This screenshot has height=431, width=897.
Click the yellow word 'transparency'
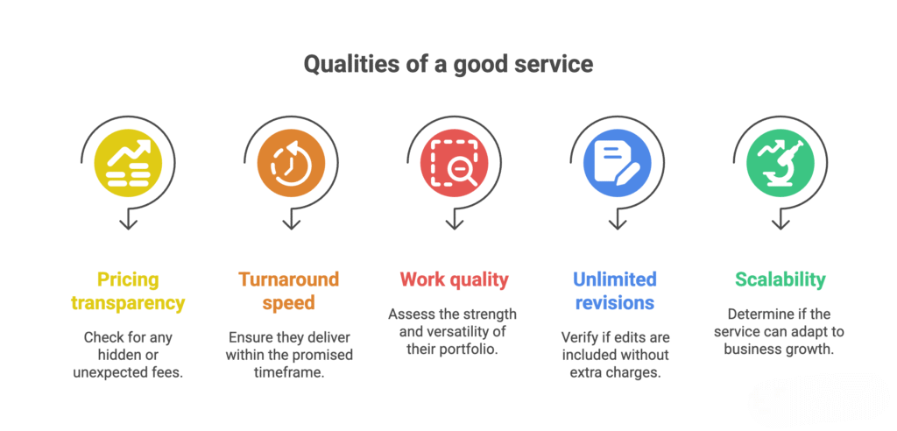coord(128,303)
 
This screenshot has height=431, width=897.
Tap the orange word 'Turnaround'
coord(289,280)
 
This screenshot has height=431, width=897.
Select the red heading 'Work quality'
coord(454,280)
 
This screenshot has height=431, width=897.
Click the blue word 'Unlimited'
coord(615,280)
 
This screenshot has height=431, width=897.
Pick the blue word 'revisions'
coord(615,303)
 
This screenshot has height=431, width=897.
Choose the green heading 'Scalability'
coord(780,280)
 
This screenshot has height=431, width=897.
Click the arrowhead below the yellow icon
coord(128,223)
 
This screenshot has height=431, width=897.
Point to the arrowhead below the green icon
coord(780,223)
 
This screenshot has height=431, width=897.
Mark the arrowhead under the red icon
coord(454,223)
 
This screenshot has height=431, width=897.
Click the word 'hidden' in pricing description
coord(128,355)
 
